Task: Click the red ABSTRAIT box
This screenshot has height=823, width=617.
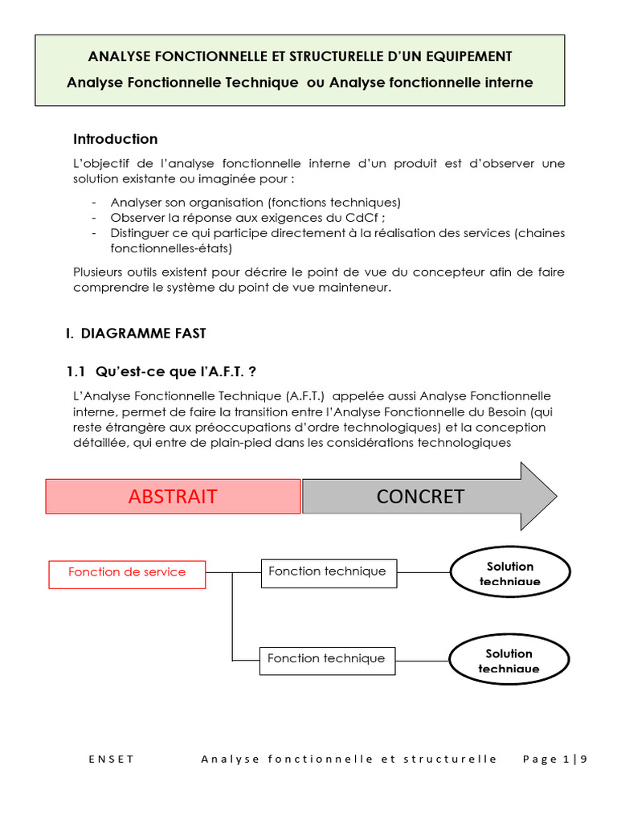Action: [x=173, y=497]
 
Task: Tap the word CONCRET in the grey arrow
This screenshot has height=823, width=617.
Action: [x=420, y=497]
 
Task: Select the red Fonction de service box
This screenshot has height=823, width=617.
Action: [x=127, y=572]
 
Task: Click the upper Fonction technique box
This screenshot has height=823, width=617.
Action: [x=328, y=571]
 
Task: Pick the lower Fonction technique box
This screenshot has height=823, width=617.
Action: [x=326, y=658]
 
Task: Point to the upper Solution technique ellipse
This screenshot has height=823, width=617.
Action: [x=509, y=573]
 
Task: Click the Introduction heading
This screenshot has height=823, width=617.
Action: [x=116, y=139]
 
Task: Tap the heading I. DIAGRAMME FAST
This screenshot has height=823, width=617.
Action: [x=136, y=333]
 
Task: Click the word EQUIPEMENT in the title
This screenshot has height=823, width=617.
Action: [x=471, y=56]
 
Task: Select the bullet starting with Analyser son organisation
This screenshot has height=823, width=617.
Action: [x=255, y=203]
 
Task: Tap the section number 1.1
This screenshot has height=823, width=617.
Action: [x=75, y=371]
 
